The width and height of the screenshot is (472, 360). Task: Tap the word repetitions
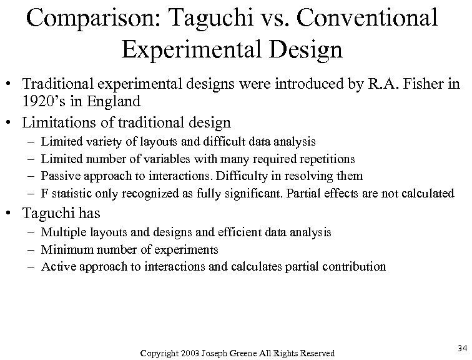pos(318,159)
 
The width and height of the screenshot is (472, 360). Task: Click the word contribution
pos(354,266)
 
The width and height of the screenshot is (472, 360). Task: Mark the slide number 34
pos(462,347)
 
